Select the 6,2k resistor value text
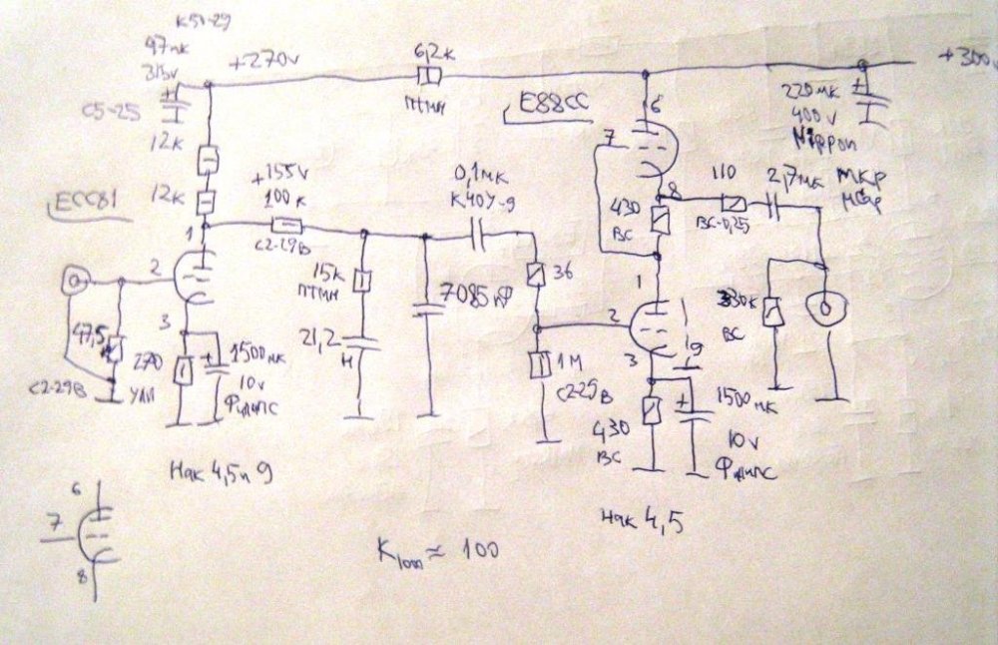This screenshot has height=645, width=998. pyautogui.click(x=432, y=49)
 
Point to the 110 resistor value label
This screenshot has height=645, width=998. pyautogui.click(x=724, y=172)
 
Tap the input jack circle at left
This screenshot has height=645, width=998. pyautogui.click(x=73, y=282)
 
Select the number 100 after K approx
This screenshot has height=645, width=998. pyautogui.click(x=472, y=548)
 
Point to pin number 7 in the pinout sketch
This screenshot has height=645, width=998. pyautogui.click(x=56, y=522)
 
